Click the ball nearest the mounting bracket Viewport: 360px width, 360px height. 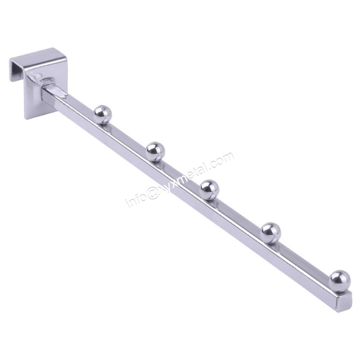tap(102, 114)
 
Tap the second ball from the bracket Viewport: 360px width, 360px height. tap(155, 151)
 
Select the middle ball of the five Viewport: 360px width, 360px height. tap(209, 189)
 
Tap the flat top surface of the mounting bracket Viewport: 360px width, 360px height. tap(38, 57)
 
